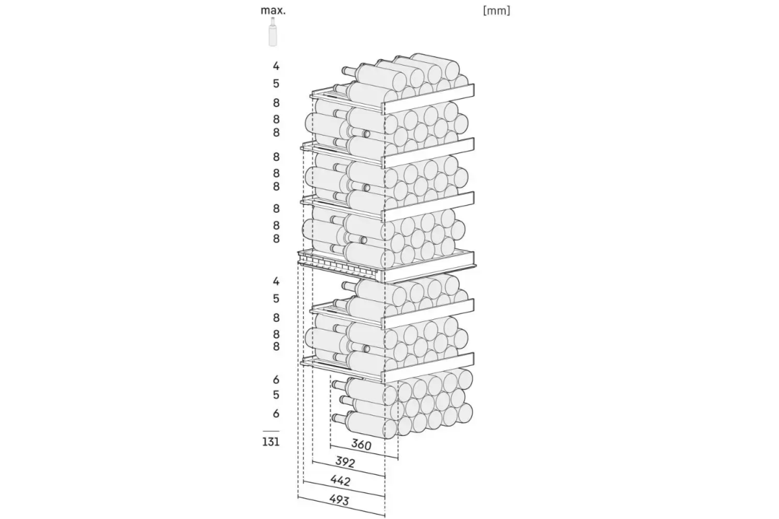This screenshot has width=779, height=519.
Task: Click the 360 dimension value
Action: pos(362,444)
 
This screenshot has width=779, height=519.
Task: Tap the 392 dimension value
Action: pos(345,462)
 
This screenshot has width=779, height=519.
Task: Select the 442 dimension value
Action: pos(340,481)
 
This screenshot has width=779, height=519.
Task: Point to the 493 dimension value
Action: pos(339,500)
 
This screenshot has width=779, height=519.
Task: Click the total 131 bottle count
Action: pos(271,442)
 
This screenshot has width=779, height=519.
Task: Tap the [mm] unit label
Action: pos(497,11)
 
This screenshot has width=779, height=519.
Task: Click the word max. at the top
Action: pos(273,10)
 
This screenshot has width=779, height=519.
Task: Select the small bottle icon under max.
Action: pos(273,32)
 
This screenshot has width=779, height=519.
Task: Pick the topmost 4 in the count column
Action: pos(276,66)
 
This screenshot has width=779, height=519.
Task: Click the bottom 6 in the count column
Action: pos(276,413)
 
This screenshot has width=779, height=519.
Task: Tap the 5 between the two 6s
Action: pos(276,395)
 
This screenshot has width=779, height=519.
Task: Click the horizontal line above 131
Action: pos(271,431)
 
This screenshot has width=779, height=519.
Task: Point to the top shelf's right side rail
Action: pos(429,99)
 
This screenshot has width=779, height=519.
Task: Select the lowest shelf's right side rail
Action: pos(429,367)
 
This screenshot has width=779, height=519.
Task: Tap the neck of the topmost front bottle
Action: pos(349,71)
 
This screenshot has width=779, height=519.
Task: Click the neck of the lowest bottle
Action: pos(340,418)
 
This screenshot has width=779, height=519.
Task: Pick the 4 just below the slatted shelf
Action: pos(276,281)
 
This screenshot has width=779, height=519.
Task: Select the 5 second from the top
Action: pos(276,84)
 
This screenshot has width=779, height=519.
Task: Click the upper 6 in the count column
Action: pos(276,380)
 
